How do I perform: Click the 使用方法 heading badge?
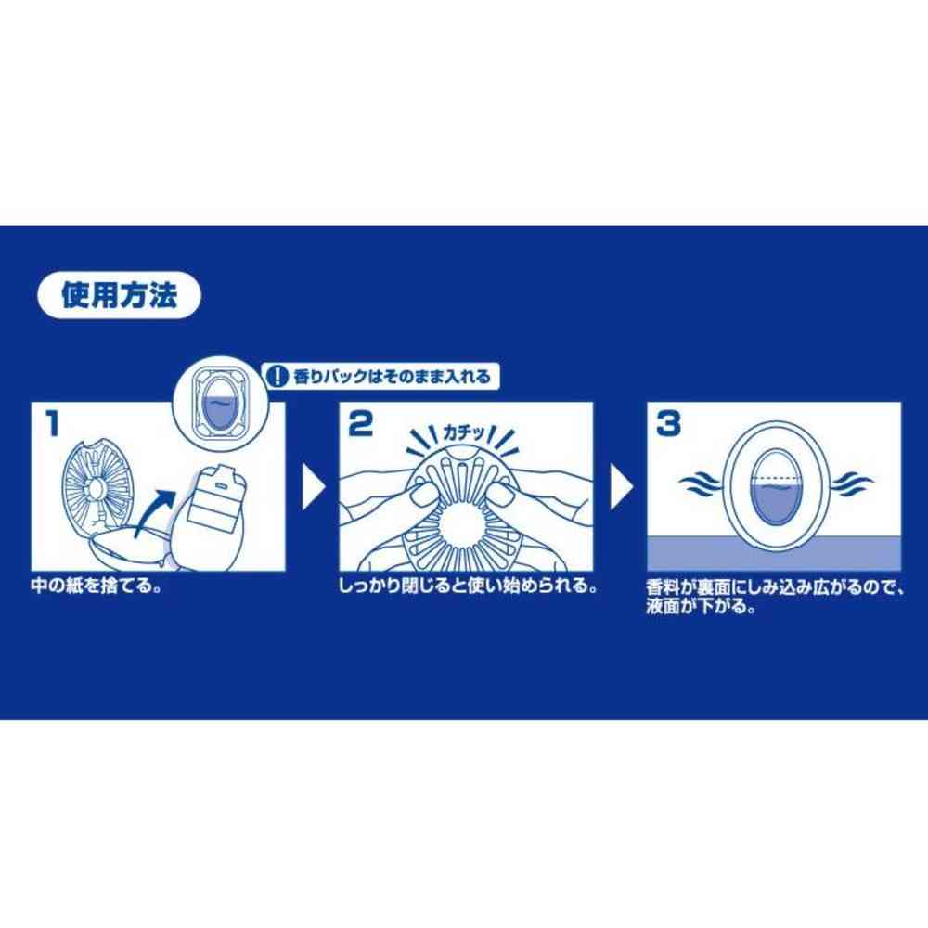(119, 295)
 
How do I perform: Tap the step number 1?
(53, 424)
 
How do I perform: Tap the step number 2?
(360, 424)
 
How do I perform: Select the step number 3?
(668, 424)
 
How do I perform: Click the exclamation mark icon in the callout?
(277, 377)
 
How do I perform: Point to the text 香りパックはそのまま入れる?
(392, 377)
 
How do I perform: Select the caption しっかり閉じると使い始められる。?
(468, 586)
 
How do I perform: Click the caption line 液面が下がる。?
(701, 607)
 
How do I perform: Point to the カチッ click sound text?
(465, 433)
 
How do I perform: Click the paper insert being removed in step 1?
(210, 516)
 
